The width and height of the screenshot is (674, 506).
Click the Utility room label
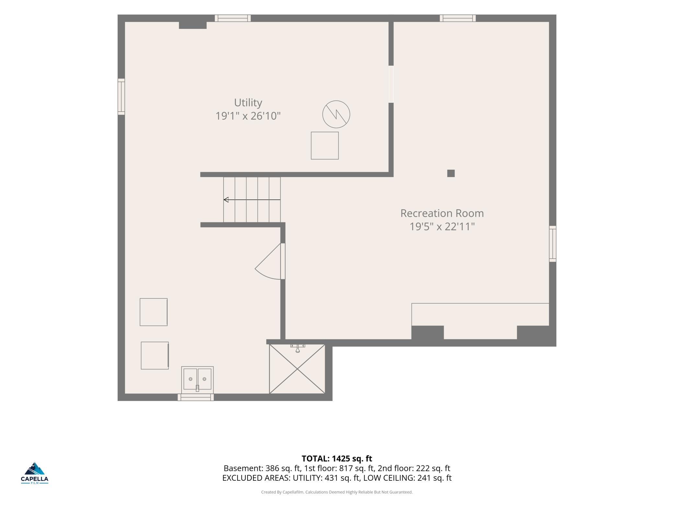point(248,102)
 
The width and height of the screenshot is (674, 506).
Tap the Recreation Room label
point(442,213)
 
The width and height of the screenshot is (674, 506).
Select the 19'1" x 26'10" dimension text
point(248,116)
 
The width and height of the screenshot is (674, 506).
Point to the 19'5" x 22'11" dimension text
point(442,226)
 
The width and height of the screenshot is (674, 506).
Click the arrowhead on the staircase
point(226,200)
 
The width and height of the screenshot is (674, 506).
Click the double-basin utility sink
point(197,379)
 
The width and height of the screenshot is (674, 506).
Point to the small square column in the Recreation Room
point(451,173)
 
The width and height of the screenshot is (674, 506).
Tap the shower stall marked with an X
point(297,369)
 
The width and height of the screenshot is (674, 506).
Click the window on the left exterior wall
point(121,97)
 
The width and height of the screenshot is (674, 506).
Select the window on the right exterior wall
point(552,244)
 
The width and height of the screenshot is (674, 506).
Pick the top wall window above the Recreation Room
point(458,18)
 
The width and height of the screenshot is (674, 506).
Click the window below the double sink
point(196,397)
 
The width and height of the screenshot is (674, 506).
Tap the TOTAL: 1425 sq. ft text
point(337,459)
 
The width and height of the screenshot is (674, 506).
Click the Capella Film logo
point(35,473)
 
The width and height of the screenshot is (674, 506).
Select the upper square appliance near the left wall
point(154,312)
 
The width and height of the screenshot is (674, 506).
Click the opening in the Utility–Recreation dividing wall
point(391,84)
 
